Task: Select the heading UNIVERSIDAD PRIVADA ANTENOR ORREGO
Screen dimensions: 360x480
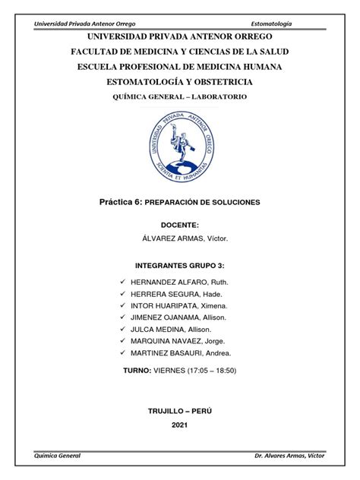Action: pos(180,36)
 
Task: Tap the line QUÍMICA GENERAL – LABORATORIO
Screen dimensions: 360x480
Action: pos(180,97)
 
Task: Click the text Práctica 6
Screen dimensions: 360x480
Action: pos(124,203)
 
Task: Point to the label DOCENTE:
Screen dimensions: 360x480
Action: pos(180,226)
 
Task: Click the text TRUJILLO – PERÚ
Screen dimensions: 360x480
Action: pos(180,409)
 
